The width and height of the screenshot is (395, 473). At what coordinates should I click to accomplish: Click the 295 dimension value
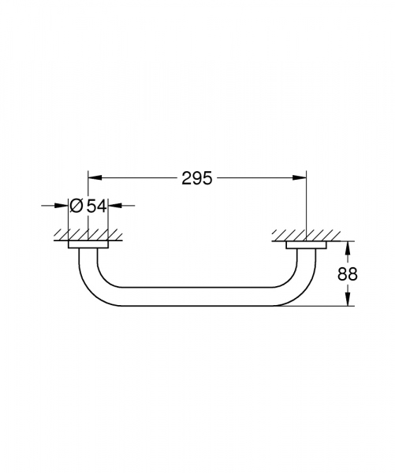tap(197, 178)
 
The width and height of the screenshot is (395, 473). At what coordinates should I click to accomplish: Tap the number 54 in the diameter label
tap(96, 205)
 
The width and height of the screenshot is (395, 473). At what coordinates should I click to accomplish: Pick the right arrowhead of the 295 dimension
tap(301, 178)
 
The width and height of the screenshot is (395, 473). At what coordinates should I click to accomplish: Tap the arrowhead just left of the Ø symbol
tap(61, 205)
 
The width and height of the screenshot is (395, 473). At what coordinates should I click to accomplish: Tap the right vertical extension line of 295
tap(307, 205)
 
